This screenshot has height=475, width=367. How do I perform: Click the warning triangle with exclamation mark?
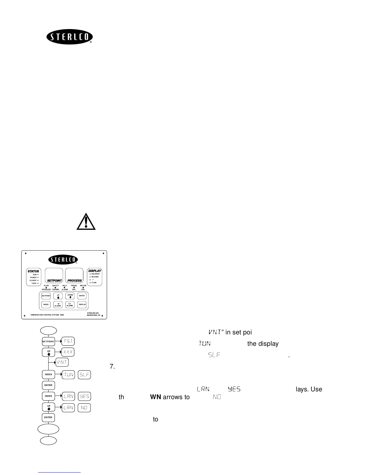tap(86, 222)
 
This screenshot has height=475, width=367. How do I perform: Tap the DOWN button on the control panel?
tap(70, 296)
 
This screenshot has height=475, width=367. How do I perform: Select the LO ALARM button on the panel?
tap(70, 304)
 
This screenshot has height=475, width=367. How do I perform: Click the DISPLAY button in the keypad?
tap(82, 304)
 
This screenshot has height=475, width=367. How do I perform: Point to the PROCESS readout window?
tap(74, 275)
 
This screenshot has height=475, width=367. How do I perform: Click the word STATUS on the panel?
tap(33, 271)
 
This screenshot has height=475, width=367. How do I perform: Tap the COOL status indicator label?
tap(34, 283)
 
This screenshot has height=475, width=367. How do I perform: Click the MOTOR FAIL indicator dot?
tap(83, 288)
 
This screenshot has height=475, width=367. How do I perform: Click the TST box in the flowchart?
tap(68, 341)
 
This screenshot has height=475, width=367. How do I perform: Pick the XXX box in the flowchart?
tap(68, 352)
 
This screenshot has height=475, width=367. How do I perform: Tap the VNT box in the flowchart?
tap(62, 362)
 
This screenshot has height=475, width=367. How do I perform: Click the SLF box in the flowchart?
tap(84, 375)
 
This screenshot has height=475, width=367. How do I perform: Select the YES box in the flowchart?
tap(84, 396)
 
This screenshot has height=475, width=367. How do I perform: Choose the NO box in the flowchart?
tap(84, 408)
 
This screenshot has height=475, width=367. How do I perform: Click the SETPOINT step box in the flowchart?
tap(48, 341)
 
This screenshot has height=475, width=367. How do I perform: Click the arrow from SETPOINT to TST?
tap(58, 341)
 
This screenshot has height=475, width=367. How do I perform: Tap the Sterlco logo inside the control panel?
tap(63, 260)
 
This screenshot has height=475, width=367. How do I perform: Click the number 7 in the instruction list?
tap(112, 366)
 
